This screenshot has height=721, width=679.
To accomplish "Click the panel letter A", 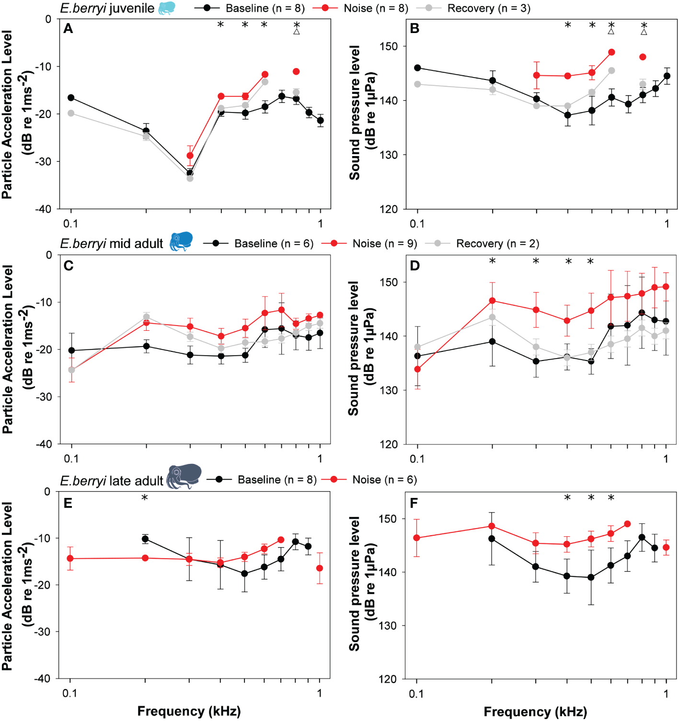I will (x=68, y=29).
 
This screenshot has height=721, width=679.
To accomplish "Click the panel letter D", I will (x=415, y=265).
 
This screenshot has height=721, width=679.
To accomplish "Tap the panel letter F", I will (x=414, y=503).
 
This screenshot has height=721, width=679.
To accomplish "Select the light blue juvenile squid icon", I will (x=167, y=8).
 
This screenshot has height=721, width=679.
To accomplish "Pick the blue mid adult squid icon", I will (x=182, y=241).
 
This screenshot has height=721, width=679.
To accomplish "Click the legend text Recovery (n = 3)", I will (x=488, y=8).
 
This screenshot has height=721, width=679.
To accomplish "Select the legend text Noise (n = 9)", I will (x=384, y=244).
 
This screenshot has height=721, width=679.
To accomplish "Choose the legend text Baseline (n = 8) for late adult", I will (x=277, y=480).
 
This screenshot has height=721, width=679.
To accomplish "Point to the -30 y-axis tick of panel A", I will (x=45, y=161).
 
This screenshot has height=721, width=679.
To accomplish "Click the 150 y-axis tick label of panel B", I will (x=389, y=46).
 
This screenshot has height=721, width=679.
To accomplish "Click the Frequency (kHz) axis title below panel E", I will (x=189, y=711).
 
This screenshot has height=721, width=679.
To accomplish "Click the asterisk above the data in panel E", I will (x=145, y=498).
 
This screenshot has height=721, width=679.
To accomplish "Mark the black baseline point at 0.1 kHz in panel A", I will (x=71, y=98).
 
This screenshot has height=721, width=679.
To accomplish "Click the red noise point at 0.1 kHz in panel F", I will (x=416, y=538).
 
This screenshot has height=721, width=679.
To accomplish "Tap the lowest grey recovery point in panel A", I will (x=190, y=178).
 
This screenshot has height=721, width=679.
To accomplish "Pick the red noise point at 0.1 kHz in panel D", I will (x=417, y=369).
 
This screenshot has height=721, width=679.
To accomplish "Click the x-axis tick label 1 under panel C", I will (x=320, y=459).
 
